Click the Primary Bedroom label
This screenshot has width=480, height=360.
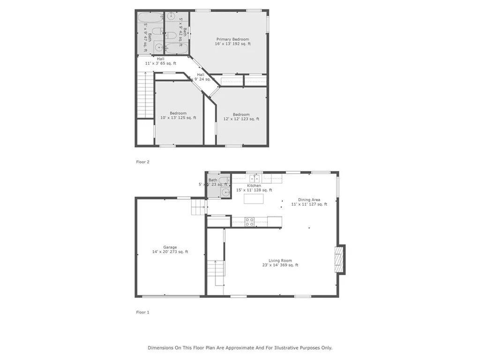coord(232,39)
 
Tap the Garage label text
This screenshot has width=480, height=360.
coord(170,247)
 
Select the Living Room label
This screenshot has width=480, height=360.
coord(280,261)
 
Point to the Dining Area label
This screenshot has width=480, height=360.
coord(309,200)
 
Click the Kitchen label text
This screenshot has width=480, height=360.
coord(254,186)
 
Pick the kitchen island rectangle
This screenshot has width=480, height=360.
coord(254,199)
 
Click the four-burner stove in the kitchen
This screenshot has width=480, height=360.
coord(249,222)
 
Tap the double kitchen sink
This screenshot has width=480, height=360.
coord(255,178)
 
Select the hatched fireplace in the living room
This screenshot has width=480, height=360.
coord(339,259)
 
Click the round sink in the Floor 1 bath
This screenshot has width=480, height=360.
coord(226,192)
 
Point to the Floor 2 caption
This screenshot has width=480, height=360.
coord(142,162)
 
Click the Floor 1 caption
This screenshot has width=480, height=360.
coord(142,312)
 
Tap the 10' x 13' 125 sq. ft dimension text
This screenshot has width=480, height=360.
coord(178,118)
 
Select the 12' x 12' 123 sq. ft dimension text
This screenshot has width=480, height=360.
coord(241,119)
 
